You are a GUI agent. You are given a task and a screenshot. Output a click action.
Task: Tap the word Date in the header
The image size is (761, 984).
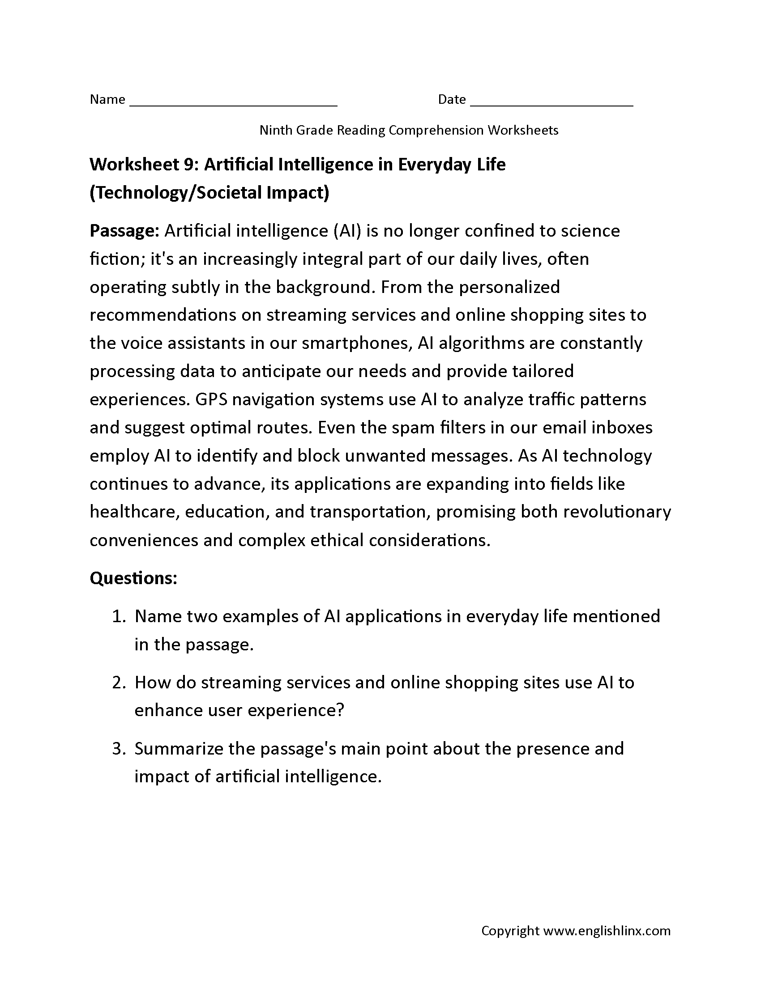(452, 99)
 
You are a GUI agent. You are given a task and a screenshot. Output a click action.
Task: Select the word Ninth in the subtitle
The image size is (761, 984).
(275, 130)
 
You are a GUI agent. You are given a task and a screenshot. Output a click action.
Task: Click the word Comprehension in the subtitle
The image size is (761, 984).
(436, 130)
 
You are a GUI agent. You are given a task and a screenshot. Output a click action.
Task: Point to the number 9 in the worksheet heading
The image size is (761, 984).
(188, 165)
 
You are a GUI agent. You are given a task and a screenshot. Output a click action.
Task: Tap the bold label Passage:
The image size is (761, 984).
(124, 231)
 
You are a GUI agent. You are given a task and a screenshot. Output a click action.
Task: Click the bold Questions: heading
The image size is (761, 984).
(133, 578)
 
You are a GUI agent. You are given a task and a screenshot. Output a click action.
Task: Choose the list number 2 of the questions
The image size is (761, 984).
(118, 683)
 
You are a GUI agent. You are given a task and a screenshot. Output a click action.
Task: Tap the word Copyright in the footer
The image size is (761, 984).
(510, 931)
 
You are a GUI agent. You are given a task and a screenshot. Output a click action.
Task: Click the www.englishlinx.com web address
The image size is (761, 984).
(607, 931)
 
